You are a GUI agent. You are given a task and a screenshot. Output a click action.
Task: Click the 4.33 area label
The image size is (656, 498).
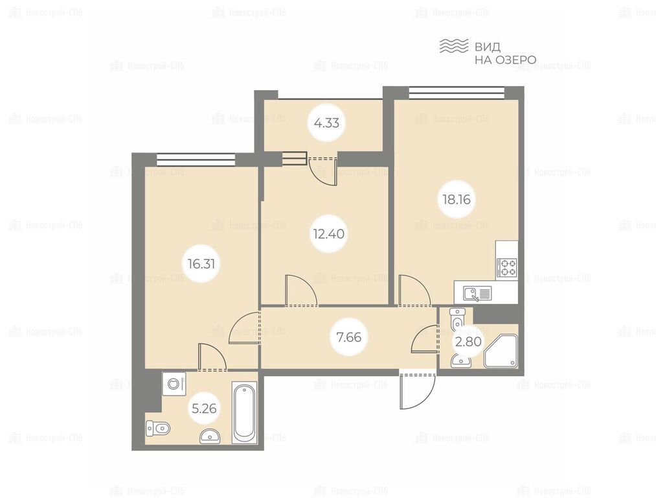[326, 123]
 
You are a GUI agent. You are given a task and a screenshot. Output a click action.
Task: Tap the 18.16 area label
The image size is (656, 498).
[457, 199]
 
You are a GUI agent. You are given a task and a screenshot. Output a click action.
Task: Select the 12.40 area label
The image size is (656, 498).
[329, 233]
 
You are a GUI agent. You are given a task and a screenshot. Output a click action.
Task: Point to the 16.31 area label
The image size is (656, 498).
[201, 264]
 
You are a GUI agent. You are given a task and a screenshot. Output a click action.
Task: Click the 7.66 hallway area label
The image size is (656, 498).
[349, 337]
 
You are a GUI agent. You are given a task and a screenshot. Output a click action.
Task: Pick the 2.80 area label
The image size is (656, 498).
[468, 342]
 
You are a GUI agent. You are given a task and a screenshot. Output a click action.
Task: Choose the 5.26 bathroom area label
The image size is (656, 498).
[204, 407]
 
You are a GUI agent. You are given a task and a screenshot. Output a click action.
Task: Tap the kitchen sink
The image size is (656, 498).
[477, 294]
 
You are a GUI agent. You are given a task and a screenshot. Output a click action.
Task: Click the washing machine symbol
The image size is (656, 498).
[174, 383]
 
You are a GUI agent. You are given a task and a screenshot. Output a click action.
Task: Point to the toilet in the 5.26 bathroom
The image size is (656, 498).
[158, 428]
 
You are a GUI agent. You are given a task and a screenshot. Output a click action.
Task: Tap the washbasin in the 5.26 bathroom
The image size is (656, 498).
[211, 436]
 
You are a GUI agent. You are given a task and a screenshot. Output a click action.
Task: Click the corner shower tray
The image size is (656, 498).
[501, 351]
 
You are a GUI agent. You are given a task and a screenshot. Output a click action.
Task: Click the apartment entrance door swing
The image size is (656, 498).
[418, 390]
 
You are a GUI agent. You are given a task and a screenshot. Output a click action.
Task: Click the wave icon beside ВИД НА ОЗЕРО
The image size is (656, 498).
[453, 46]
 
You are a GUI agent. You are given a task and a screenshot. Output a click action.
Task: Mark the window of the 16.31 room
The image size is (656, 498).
[196, 160]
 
